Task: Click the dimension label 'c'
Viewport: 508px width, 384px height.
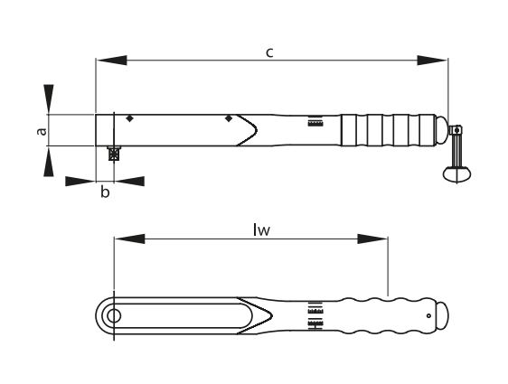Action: coord(269,52)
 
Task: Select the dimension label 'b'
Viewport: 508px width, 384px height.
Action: coord(105,193)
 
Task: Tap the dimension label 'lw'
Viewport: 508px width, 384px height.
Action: coord(261,229)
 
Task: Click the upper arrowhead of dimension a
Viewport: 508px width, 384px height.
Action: coord(49,98)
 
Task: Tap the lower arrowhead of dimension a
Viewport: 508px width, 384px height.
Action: coord(49,164)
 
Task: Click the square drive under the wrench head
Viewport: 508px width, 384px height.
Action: coord(114,154)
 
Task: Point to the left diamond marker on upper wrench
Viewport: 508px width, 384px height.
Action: coord(131,119)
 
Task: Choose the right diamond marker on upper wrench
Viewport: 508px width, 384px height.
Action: coord(229,119)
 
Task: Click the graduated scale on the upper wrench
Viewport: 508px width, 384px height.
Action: coord(315,122)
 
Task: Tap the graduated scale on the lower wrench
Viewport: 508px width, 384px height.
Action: coord(315,317)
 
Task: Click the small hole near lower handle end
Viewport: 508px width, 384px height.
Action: coord(428,314)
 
